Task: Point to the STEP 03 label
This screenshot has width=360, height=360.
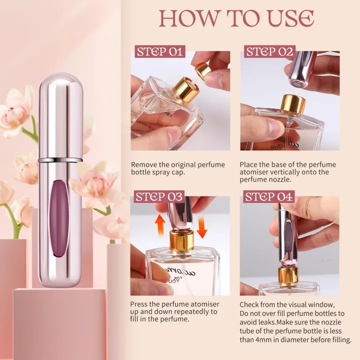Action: coord(159,196)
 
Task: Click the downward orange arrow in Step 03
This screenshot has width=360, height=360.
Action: coord(202,225)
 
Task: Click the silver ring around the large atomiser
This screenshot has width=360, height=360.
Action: coord(60,160)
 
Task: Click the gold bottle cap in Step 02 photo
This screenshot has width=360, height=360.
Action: coord(293,103)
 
